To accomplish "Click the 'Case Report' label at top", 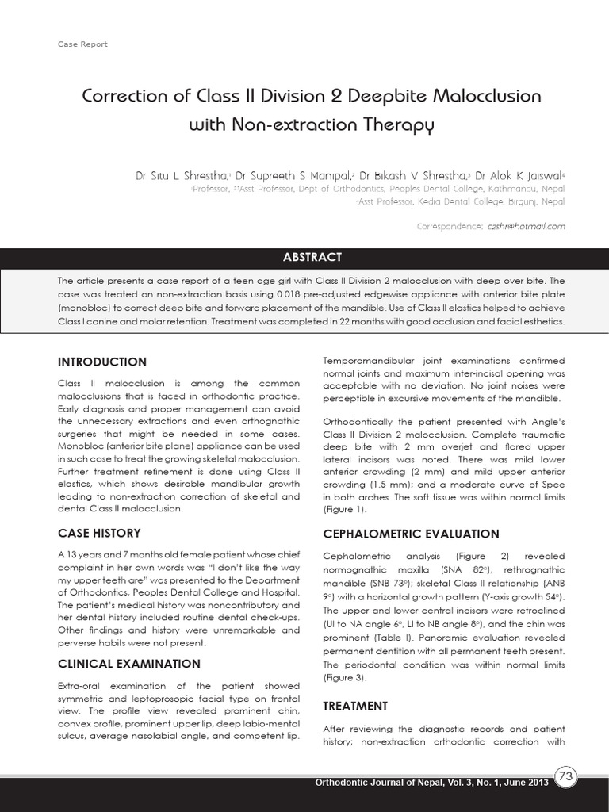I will [x=82, y=44].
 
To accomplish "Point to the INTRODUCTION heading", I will [x=102, y=362].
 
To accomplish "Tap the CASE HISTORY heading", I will [x=99, y=533].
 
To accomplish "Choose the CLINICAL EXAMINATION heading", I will [x=128, y=664].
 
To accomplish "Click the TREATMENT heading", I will [x=355, y=706].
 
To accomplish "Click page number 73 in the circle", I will [x=566, y=778].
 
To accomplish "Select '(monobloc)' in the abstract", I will [x=87, y=310].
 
